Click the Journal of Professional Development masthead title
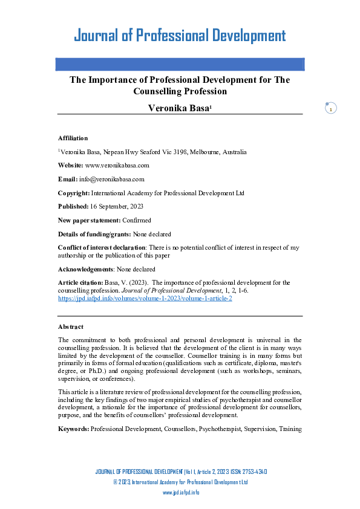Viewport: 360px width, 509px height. [180, 35]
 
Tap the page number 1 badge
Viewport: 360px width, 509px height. [331, 109]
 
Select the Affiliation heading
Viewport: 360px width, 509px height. [73, 138]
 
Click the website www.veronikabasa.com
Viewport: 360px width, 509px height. [117, 165]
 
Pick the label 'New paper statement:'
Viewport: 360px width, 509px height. [90, 220]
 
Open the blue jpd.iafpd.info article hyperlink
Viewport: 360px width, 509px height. [145, 299]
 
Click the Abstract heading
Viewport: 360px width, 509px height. [71, 326]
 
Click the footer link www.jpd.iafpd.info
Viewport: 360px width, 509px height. [181, 493]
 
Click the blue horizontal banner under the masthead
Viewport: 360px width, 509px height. [180, 64]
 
